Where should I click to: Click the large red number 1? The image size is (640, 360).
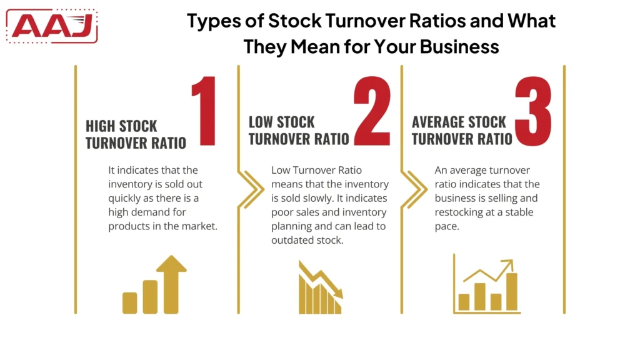(203, 112)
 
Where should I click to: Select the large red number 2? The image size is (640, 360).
(371, 112)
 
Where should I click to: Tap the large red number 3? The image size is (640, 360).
(532, 112)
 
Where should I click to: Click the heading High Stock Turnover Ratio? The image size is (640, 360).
(136, 134)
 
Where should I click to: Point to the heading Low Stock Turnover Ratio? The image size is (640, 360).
(298, 130)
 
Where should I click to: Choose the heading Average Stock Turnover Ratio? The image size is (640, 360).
(462, 130)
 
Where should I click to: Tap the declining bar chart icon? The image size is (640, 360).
(320, 287)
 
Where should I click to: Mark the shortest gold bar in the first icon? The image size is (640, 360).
(130, 302)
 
